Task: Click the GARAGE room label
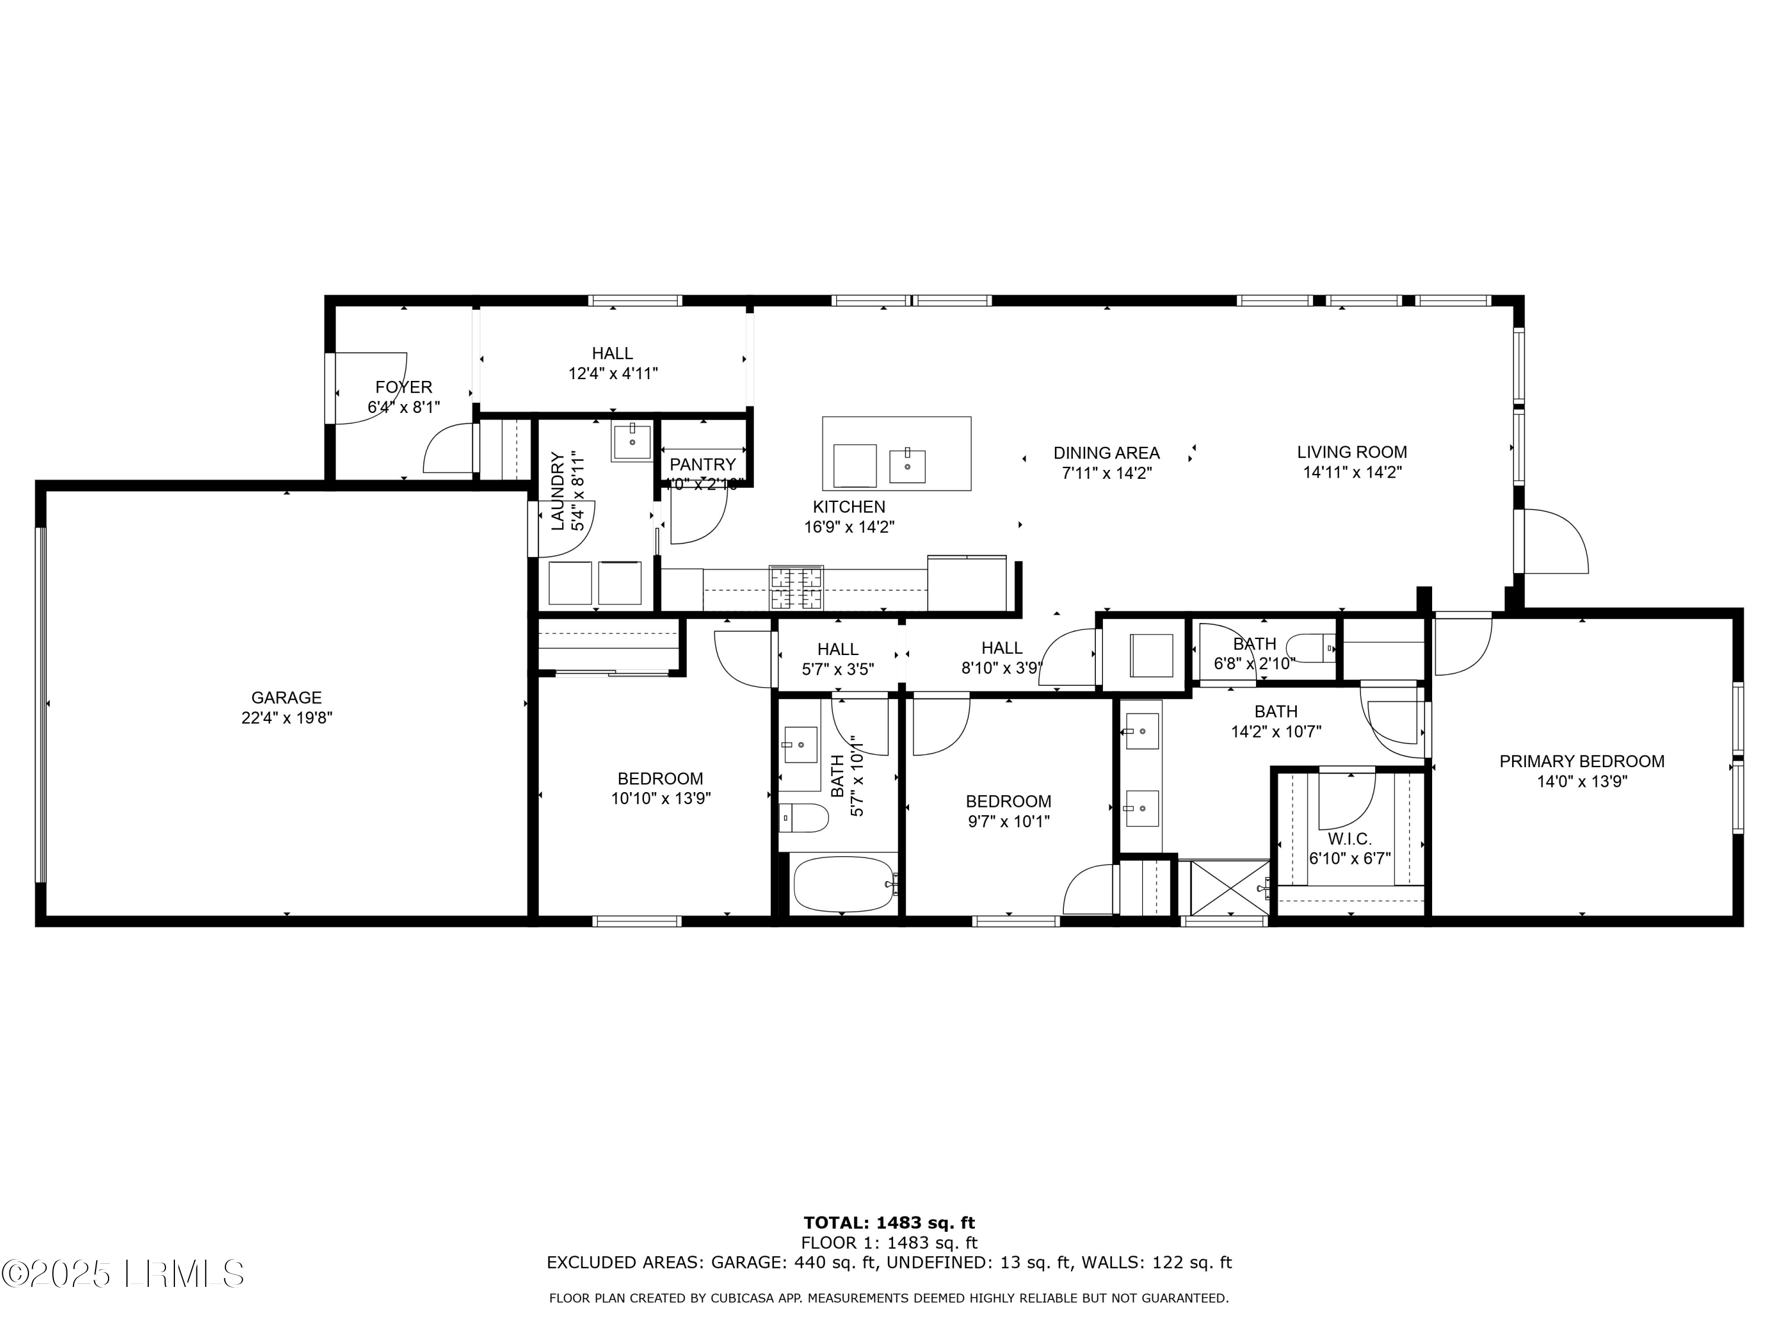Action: tap(286, 698)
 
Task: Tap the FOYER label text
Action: tap(404, 387)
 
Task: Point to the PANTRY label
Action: tap(702, 465)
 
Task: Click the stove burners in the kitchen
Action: tap(796, 587)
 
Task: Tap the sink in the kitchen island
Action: tap(907, 466)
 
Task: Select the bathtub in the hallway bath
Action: tap(843, 883)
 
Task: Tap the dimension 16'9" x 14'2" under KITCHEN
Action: tap(849, 527)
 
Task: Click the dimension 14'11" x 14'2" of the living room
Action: tap(1353, 472)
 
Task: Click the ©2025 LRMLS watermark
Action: tap(122, 1274)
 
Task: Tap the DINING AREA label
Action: tap(1106, 453)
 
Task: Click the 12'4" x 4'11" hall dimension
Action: tap(613, 373)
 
